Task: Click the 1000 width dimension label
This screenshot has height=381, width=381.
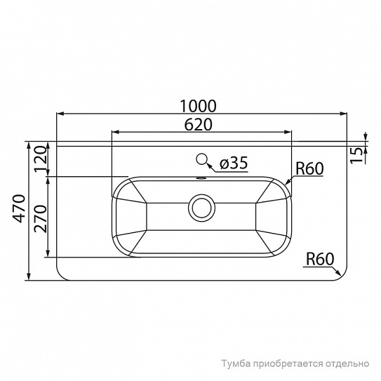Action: (198, 106)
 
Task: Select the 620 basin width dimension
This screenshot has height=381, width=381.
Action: (198, 125)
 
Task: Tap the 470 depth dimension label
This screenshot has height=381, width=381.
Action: (19, 208)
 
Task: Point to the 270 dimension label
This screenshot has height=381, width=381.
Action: (40, 219)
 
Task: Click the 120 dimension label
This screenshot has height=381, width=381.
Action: (40, 159)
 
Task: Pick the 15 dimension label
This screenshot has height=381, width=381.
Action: (356, 156)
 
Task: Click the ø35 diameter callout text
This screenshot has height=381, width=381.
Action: (234, 163)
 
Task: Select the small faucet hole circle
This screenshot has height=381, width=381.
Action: (201, 159)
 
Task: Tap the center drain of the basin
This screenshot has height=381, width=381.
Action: (201, 208)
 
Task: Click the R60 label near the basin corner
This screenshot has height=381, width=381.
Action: (309, 168)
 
